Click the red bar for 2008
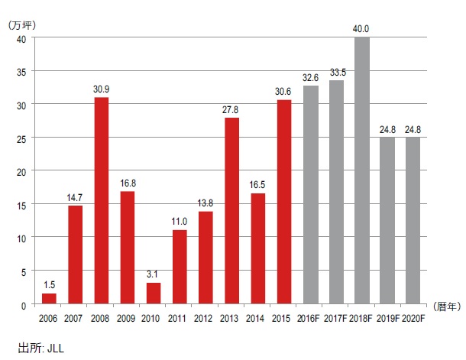[x=102, y=200]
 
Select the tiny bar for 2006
[x=49, y=298]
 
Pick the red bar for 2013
[x=232, y=210]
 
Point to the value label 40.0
[x=362, y=29]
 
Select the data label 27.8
[x=232, y=111]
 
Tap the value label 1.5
[x=49, y=286]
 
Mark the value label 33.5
[x=336, y=73]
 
